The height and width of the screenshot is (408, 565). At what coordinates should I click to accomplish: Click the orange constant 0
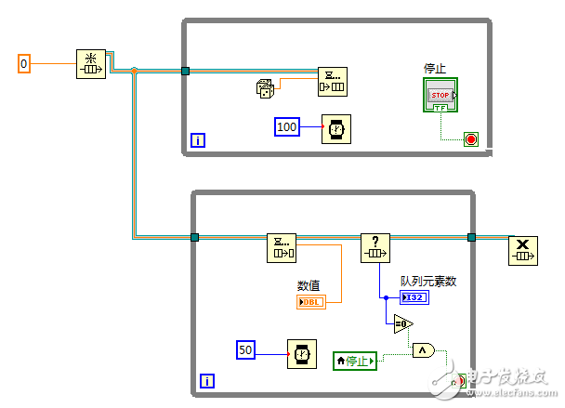pos(25,63)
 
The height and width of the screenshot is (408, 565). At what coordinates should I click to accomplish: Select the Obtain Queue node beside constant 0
pos(91,65)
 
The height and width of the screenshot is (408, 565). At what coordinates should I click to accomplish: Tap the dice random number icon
pos(267,89)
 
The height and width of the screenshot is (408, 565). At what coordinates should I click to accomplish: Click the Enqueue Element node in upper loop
pos(332,81)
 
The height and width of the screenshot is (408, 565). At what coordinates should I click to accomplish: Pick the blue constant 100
pos(287,126)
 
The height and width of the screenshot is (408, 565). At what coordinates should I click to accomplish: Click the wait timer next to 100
pos(335,128)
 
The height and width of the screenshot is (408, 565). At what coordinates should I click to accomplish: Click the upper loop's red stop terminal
pos(470,140)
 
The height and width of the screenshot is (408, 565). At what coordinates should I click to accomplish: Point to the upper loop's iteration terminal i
pos(197,140)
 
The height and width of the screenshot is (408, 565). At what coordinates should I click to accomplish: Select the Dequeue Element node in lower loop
pos(281,248)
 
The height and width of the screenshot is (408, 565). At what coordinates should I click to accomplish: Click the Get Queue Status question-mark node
pos(374,248)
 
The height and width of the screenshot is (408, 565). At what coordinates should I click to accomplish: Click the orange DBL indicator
pos(310,302)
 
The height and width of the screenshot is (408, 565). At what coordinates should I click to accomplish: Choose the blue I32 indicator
pos(414,297)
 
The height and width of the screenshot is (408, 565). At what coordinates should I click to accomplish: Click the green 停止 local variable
pos(355,360)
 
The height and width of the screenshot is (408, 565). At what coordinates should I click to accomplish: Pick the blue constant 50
pos(246,349)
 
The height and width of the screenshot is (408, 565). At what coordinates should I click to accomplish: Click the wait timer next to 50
pos(302,354)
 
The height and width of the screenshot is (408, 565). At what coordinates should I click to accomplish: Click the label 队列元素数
pos(429,281)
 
